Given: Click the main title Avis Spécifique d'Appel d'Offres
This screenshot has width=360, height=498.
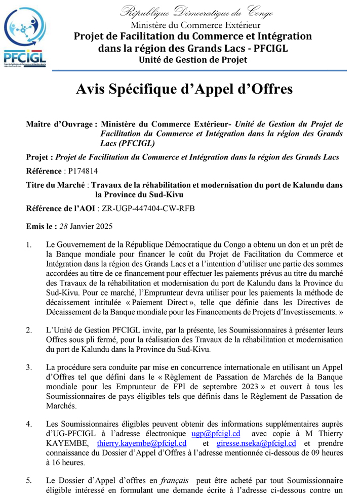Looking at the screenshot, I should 184,90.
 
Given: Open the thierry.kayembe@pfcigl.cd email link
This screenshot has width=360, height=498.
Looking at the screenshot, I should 141,443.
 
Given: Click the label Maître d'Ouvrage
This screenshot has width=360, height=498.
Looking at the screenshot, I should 61,124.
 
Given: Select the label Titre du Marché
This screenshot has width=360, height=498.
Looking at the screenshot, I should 55,185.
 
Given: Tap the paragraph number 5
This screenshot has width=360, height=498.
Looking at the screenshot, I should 29,480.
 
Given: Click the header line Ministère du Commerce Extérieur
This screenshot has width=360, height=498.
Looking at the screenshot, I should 195,24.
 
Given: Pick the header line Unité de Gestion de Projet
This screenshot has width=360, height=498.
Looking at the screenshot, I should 193,60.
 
